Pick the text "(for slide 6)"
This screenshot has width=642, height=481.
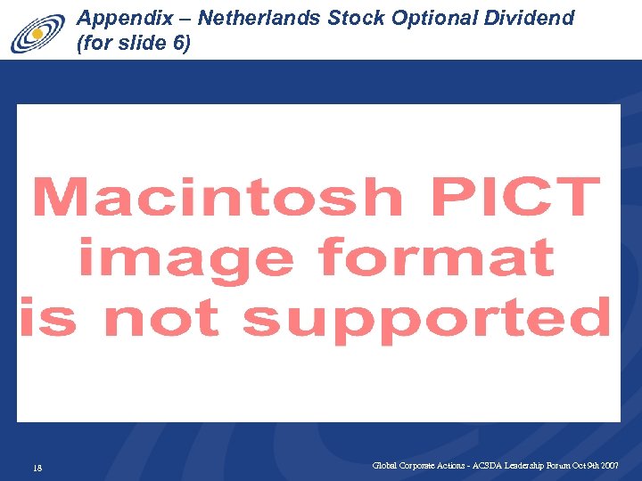134,43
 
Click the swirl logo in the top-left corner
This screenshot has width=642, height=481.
37,35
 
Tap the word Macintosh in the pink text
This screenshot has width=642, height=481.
218,197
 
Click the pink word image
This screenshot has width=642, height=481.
185,259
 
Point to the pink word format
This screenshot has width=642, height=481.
436,257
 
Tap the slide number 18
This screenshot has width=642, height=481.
37,469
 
